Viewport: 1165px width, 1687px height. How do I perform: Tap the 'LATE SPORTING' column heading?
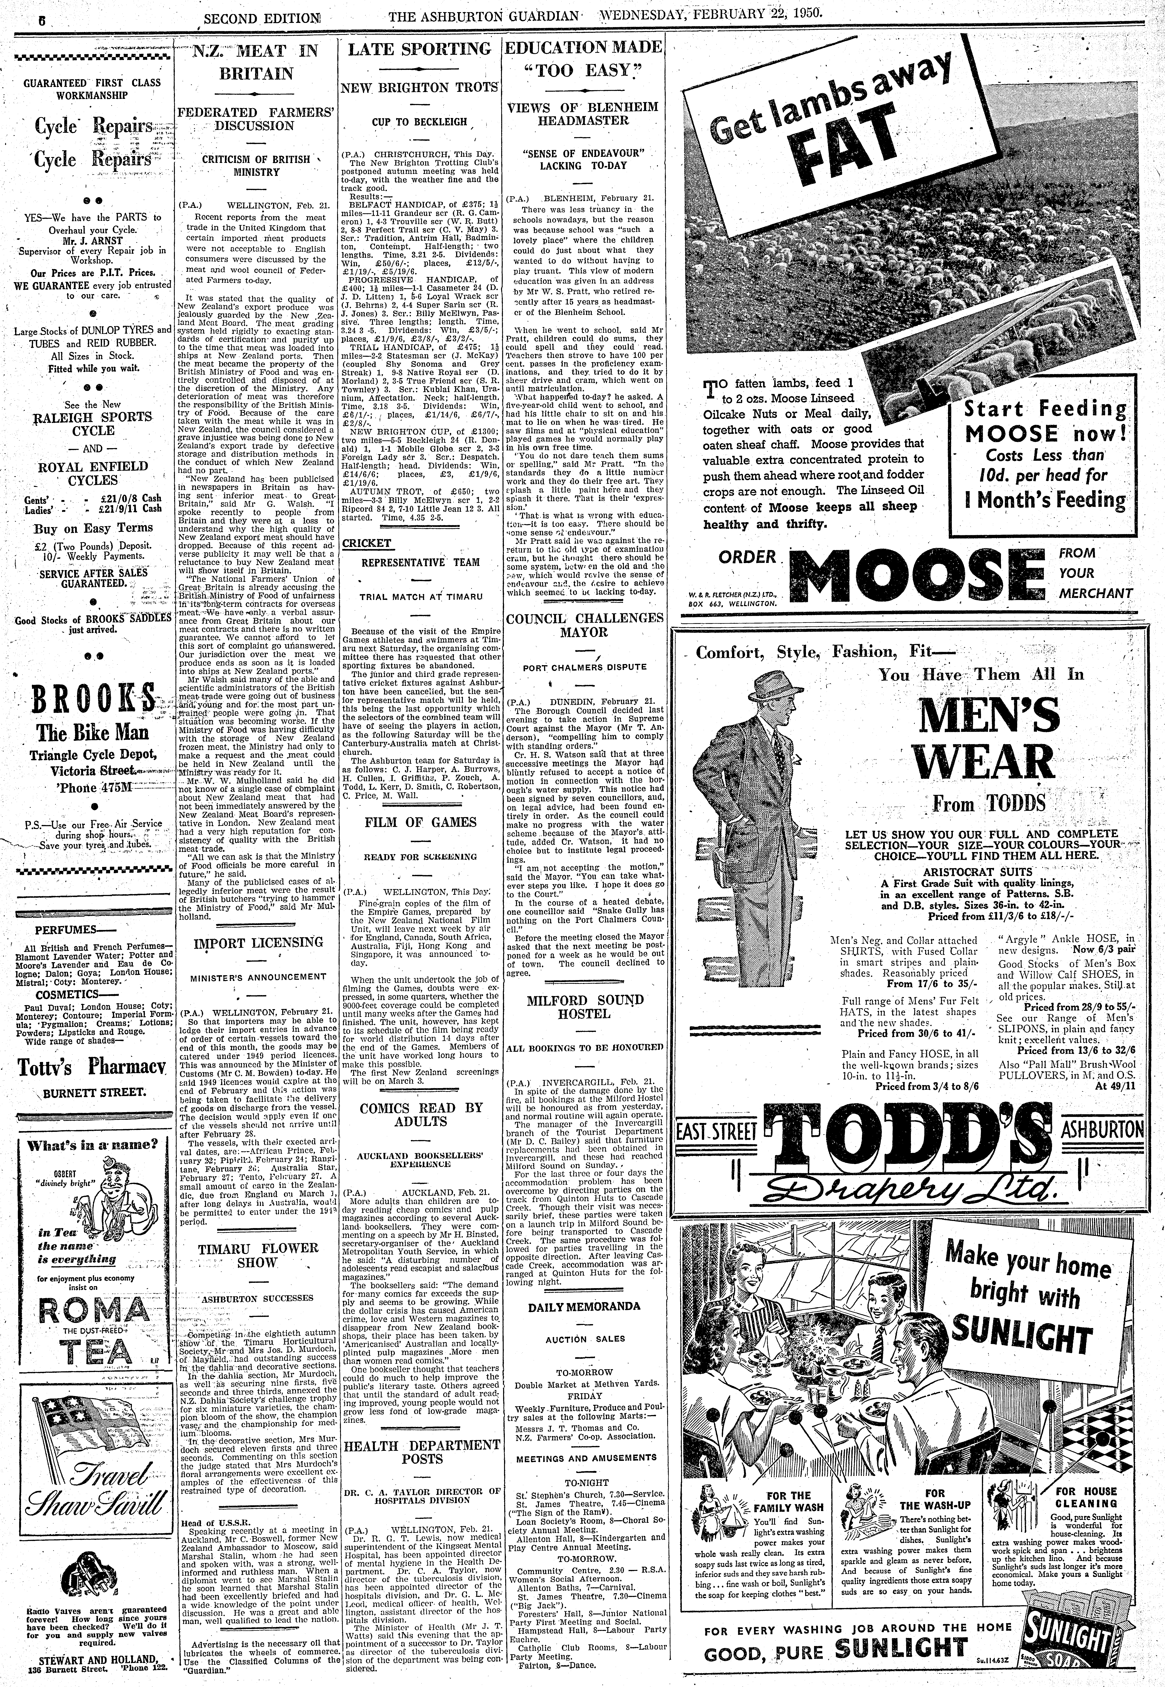(x=420, y=50)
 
